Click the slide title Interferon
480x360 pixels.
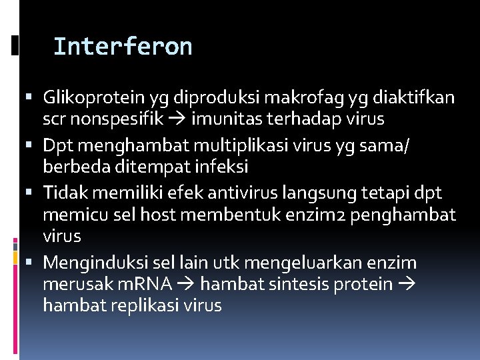click(123, 47)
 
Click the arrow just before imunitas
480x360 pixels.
click(180, 119)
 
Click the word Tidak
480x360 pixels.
click(62, 193)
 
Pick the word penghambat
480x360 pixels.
click(393, 215)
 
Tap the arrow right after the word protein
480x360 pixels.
click(407, 285)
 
